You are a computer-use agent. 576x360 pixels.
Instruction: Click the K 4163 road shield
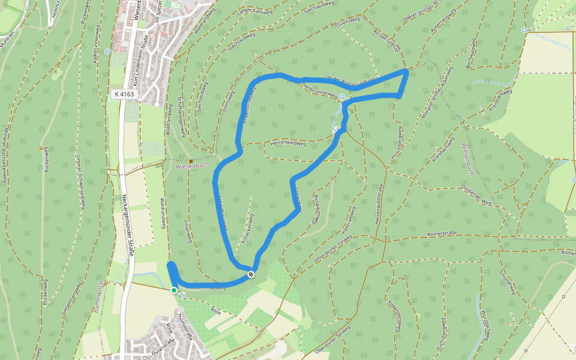[x=125, y=94]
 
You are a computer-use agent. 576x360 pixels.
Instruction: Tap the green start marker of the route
[x=174, y=290]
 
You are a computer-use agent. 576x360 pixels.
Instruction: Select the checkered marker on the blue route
[x=251, y=274]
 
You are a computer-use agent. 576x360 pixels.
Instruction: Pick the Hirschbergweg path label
[x=398, y=141]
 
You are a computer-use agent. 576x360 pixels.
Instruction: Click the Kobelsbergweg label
[x=394, y=316]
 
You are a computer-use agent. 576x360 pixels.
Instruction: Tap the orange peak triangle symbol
[x=41, y=148]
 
